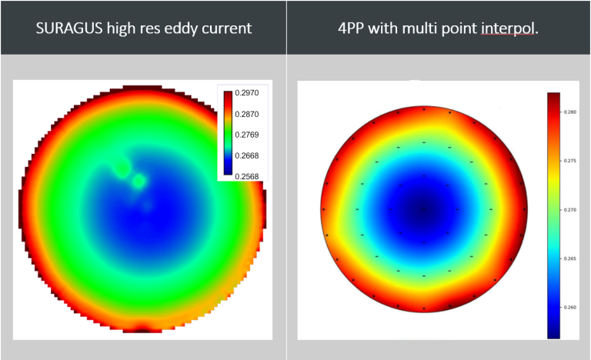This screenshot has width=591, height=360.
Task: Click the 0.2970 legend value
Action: click(247, 94)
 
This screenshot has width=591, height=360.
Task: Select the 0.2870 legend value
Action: click(247, 113)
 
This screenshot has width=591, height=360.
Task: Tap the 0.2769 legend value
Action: click(247, 134)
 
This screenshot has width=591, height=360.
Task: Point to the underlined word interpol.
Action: click(509, 29)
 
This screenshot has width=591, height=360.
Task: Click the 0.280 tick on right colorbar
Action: click(571, 112)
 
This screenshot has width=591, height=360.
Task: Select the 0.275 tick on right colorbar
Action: click(571, 161)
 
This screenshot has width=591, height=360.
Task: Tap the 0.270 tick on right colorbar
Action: click(571, 209)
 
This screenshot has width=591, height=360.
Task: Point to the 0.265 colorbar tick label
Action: click(571, 258)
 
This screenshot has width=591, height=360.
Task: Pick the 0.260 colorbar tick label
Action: click(571, 307)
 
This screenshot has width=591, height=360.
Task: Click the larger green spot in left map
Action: click(139, 182)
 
